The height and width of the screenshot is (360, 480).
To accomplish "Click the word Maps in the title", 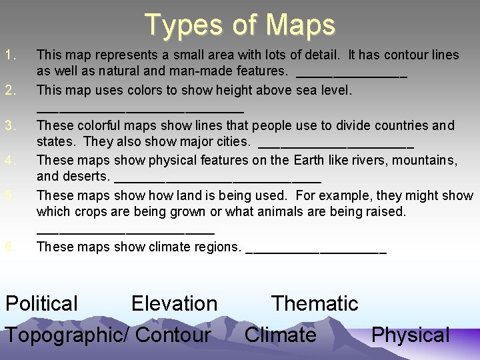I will click(x=300, y=25).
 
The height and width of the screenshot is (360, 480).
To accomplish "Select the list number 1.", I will click(x=9, y=55).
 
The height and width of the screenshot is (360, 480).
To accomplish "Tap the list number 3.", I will click(x=9, y=125).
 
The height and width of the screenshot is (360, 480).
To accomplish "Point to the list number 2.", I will click(x=9, y=89).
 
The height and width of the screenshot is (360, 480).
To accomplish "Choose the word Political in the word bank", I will click(x=41, y=304).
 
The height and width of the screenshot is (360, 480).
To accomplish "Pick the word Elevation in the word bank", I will click(x=174, y=304).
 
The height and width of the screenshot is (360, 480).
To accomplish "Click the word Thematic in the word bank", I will click(x=315, y=304).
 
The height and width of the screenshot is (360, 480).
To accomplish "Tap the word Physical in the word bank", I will click(x=410, y=335).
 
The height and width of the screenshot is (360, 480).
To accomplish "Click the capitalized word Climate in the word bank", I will click(x=280, y=335).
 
